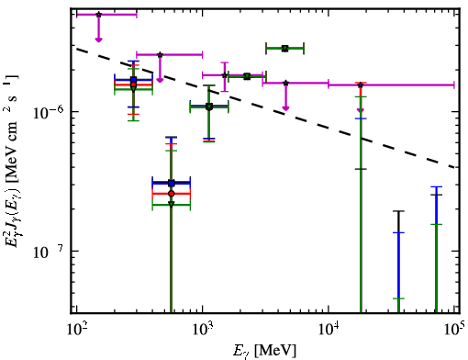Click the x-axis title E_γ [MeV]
(x=264, y=351)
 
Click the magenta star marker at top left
(x=98, y=15)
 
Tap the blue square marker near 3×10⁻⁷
(x=172, y=183)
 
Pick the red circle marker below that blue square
(x=172, y=194)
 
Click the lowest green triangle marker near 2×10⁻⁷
(x=172, y=204)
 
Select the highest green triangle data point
(x=285, y=49)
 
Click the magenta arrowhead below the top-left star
(x=98, y=39)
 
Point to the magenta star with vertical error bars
(x=225, y=75)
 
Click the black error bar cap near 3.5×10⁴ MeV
(x=398, y=211)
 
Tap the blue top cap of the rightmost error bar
(x=437, y=186)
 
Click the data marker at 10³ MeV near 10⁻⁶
(x=209, y=107)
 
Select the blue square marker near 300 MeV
(x=133, y=80)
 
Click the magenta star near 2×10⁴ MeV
(x=361, y=84)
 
